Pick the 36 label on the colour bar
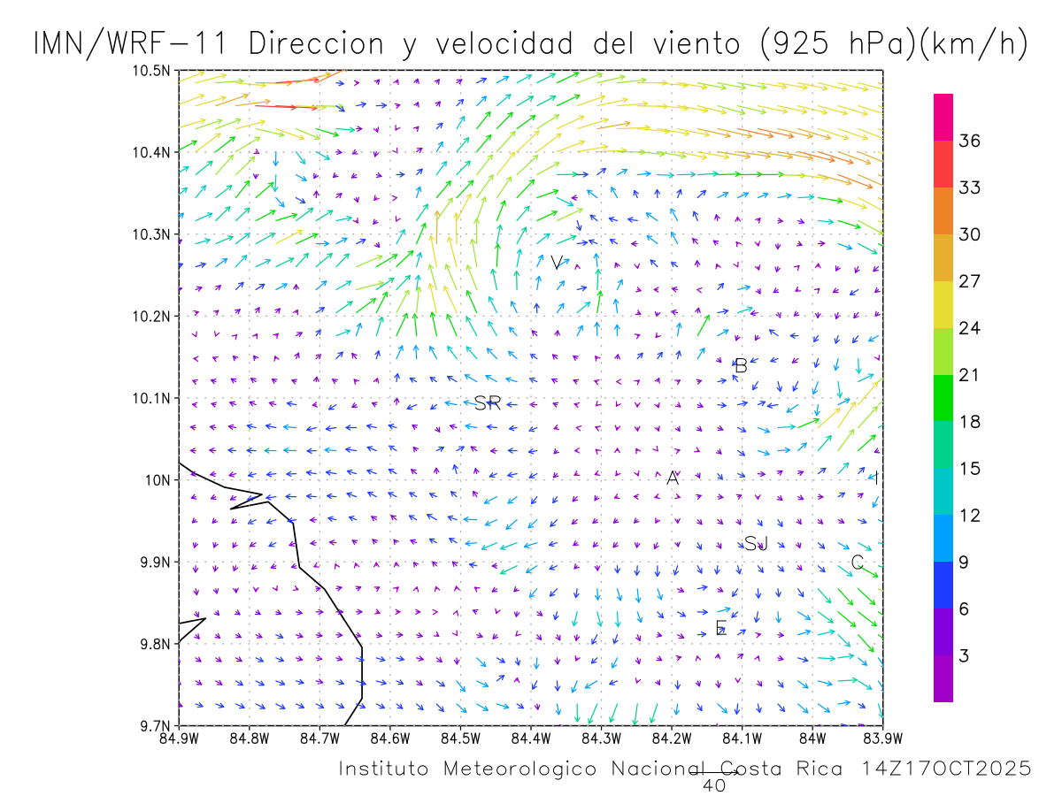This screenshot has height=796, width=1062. (x=969, y=141)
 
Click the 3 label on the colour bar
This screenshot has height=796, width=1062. (x=964, y=655)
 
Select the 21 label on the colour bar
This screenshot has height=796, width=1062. (x=969, y=375)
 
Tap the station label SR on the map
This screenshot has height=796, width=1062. (x=488, y=404)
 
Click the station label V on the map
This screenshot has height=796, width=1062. (x=556, y=263)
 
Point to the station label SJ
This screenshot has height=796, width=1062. (x=756, y=543)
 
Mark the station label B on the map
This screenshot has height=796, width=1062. (x=742, y=365)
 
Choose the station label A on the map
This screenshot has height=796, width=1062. (x=673, y=478)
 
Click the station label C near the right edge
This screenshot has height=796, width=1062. (x=857, y=563)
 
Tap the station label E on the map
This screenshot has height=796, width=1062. (x=720, y=629)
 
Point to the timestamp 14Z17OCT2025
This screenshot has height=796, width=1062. (x=946, y=769)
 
